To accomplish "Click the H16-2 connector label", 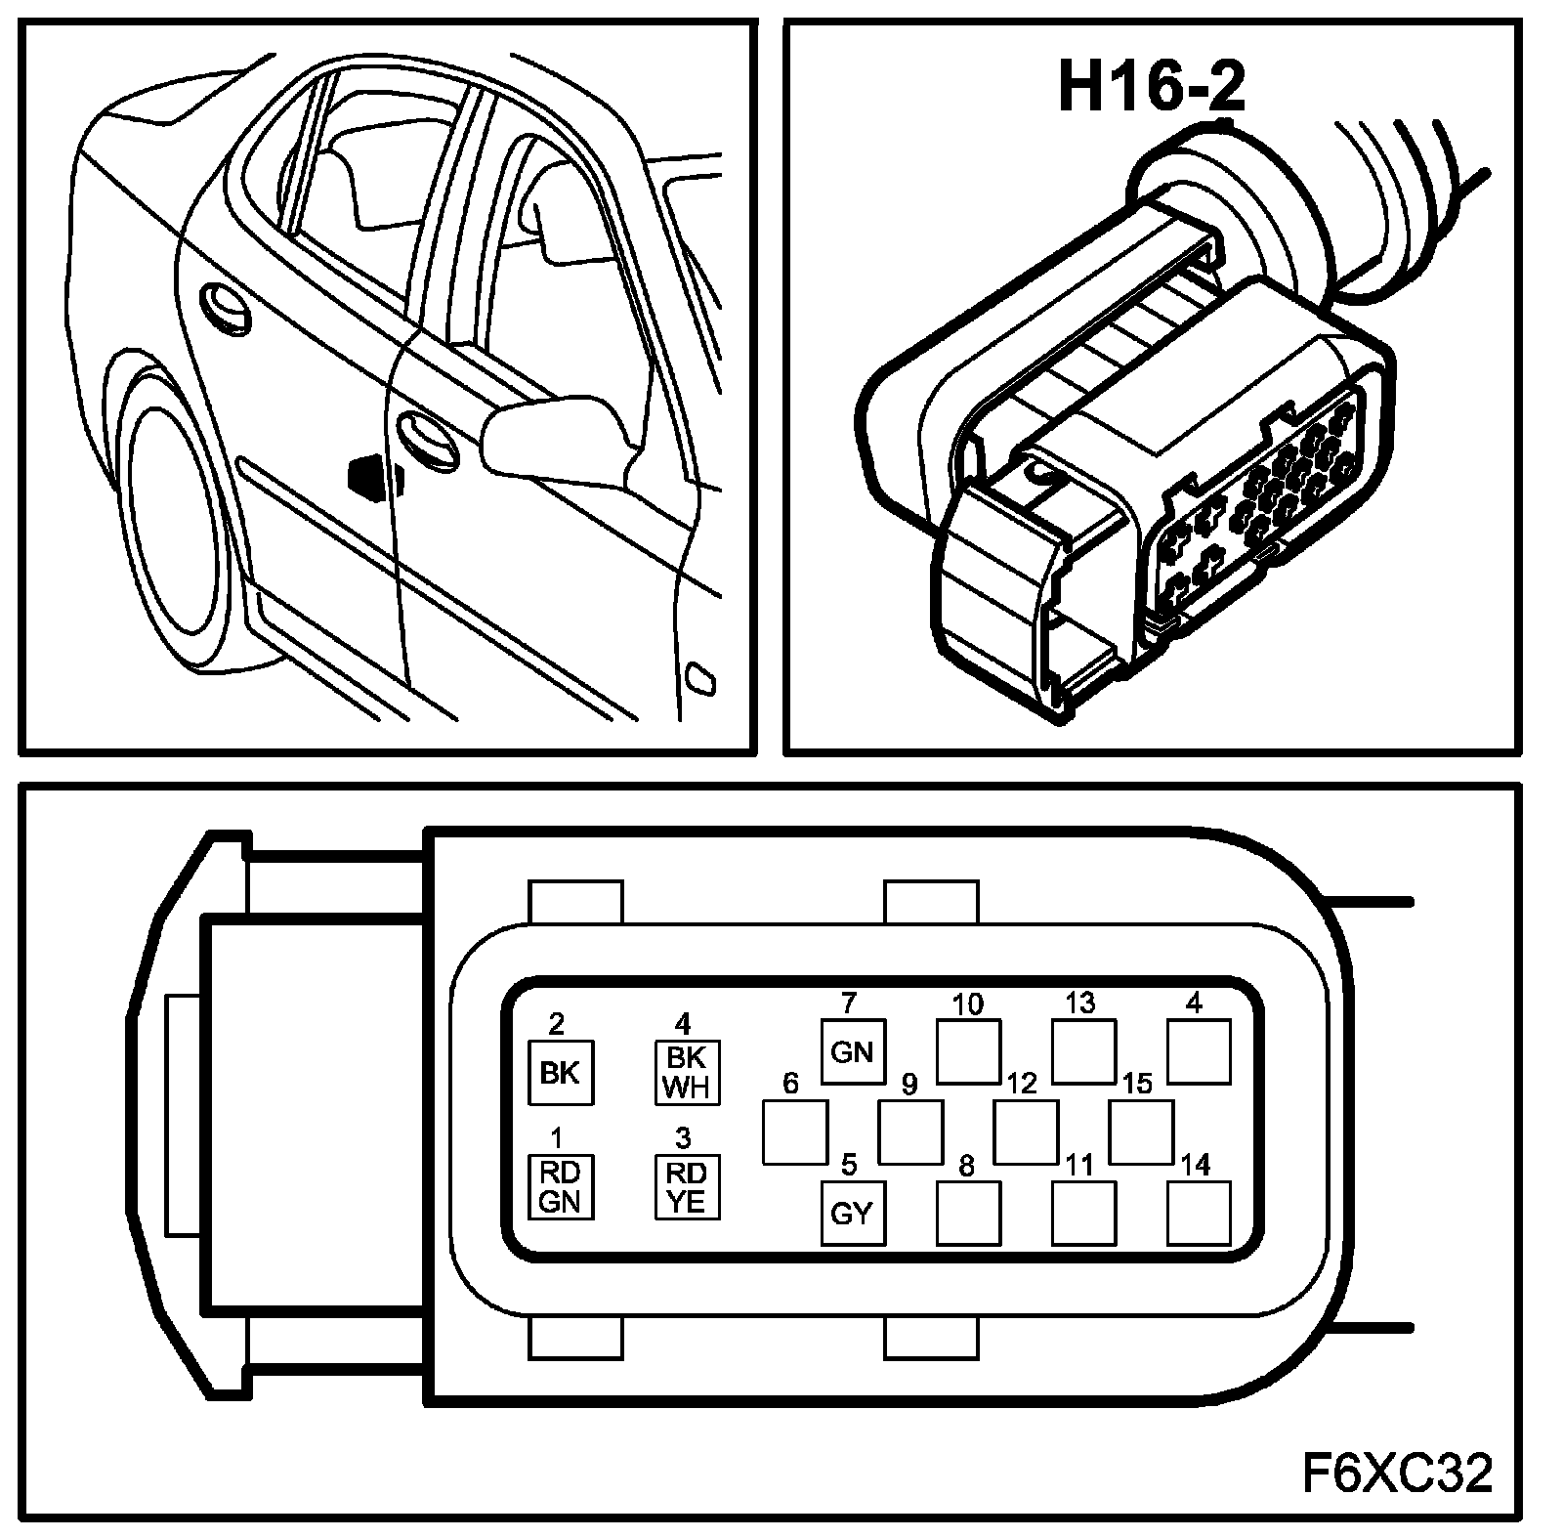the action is [1152, 87].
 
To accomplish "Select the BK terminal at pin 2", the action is [560, 1072].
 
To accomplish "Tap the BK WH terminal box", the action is [686, 1072].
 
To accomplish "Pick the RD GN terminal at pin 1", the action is [560, 1186].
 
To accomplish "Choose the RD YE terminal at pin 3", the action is [686, 1186].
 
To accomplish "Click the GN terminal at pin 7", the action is [852, 1051].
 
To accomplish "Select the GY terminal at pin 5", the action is [852, 1213].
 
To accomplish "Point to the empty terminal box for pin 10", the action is [968, 1051].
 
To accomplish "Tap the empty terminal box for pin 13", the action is [1083, 1051].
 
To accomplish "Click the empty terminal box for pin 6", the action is [794, 1132].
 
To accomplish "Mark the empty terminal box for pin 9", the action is [910, 1132].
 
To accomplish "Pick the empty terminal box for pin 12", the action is [1026, 1132].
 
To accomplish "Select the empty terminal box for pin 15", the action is [1141, 1132].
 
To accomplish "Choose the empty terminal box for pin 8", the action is [968, 1213].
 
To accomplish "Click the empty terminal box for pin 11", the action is [1083, 1213].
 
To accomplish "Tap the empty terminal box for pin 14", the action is [1199, 1213].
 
